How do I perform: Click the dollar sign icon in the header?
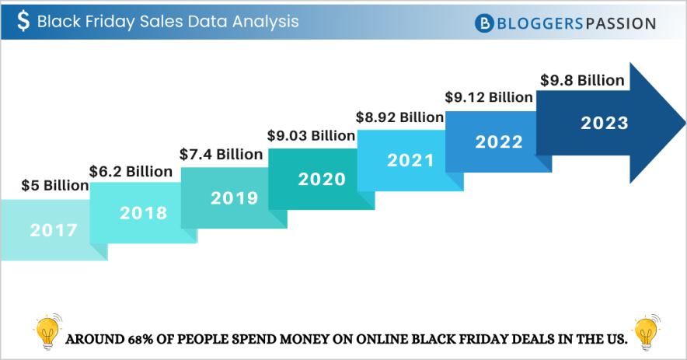pos(24,22)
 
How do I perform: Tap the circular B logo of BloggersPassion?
pos(485,23)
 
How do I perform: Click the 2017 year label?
pos(54,230)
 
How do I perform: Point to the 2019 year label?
pos(234,197)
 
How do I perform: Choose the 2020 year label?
pos(322,179)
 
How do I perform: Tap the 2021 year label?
pos(410,160)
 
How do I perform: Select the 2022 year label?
pos(499,142)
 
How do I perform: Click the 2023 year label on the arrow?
pos(604,123)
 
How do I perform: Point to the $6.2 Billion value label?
pos(131,170)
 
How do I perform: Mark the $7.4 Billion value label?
pos(221,154)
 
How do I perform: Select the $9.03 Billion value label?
pos(311,135)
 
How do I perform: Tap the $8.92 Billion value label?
pos(399,117)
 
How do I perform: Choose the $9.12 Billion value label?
pos(488,97)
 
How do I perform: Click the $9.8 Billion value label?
pos(581,80)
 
